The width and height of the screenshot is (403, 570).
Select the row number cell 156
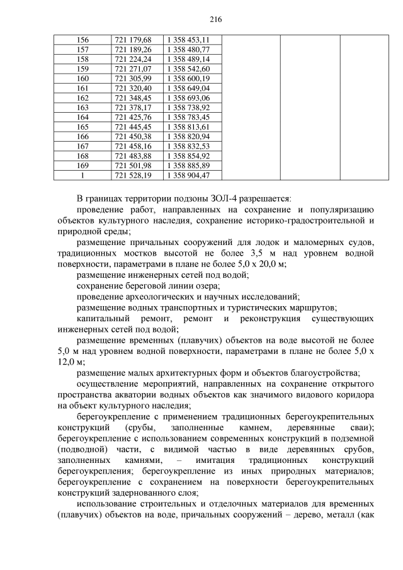(82, 40)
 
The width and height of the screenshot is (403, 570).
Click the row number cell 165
(82, 127)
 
